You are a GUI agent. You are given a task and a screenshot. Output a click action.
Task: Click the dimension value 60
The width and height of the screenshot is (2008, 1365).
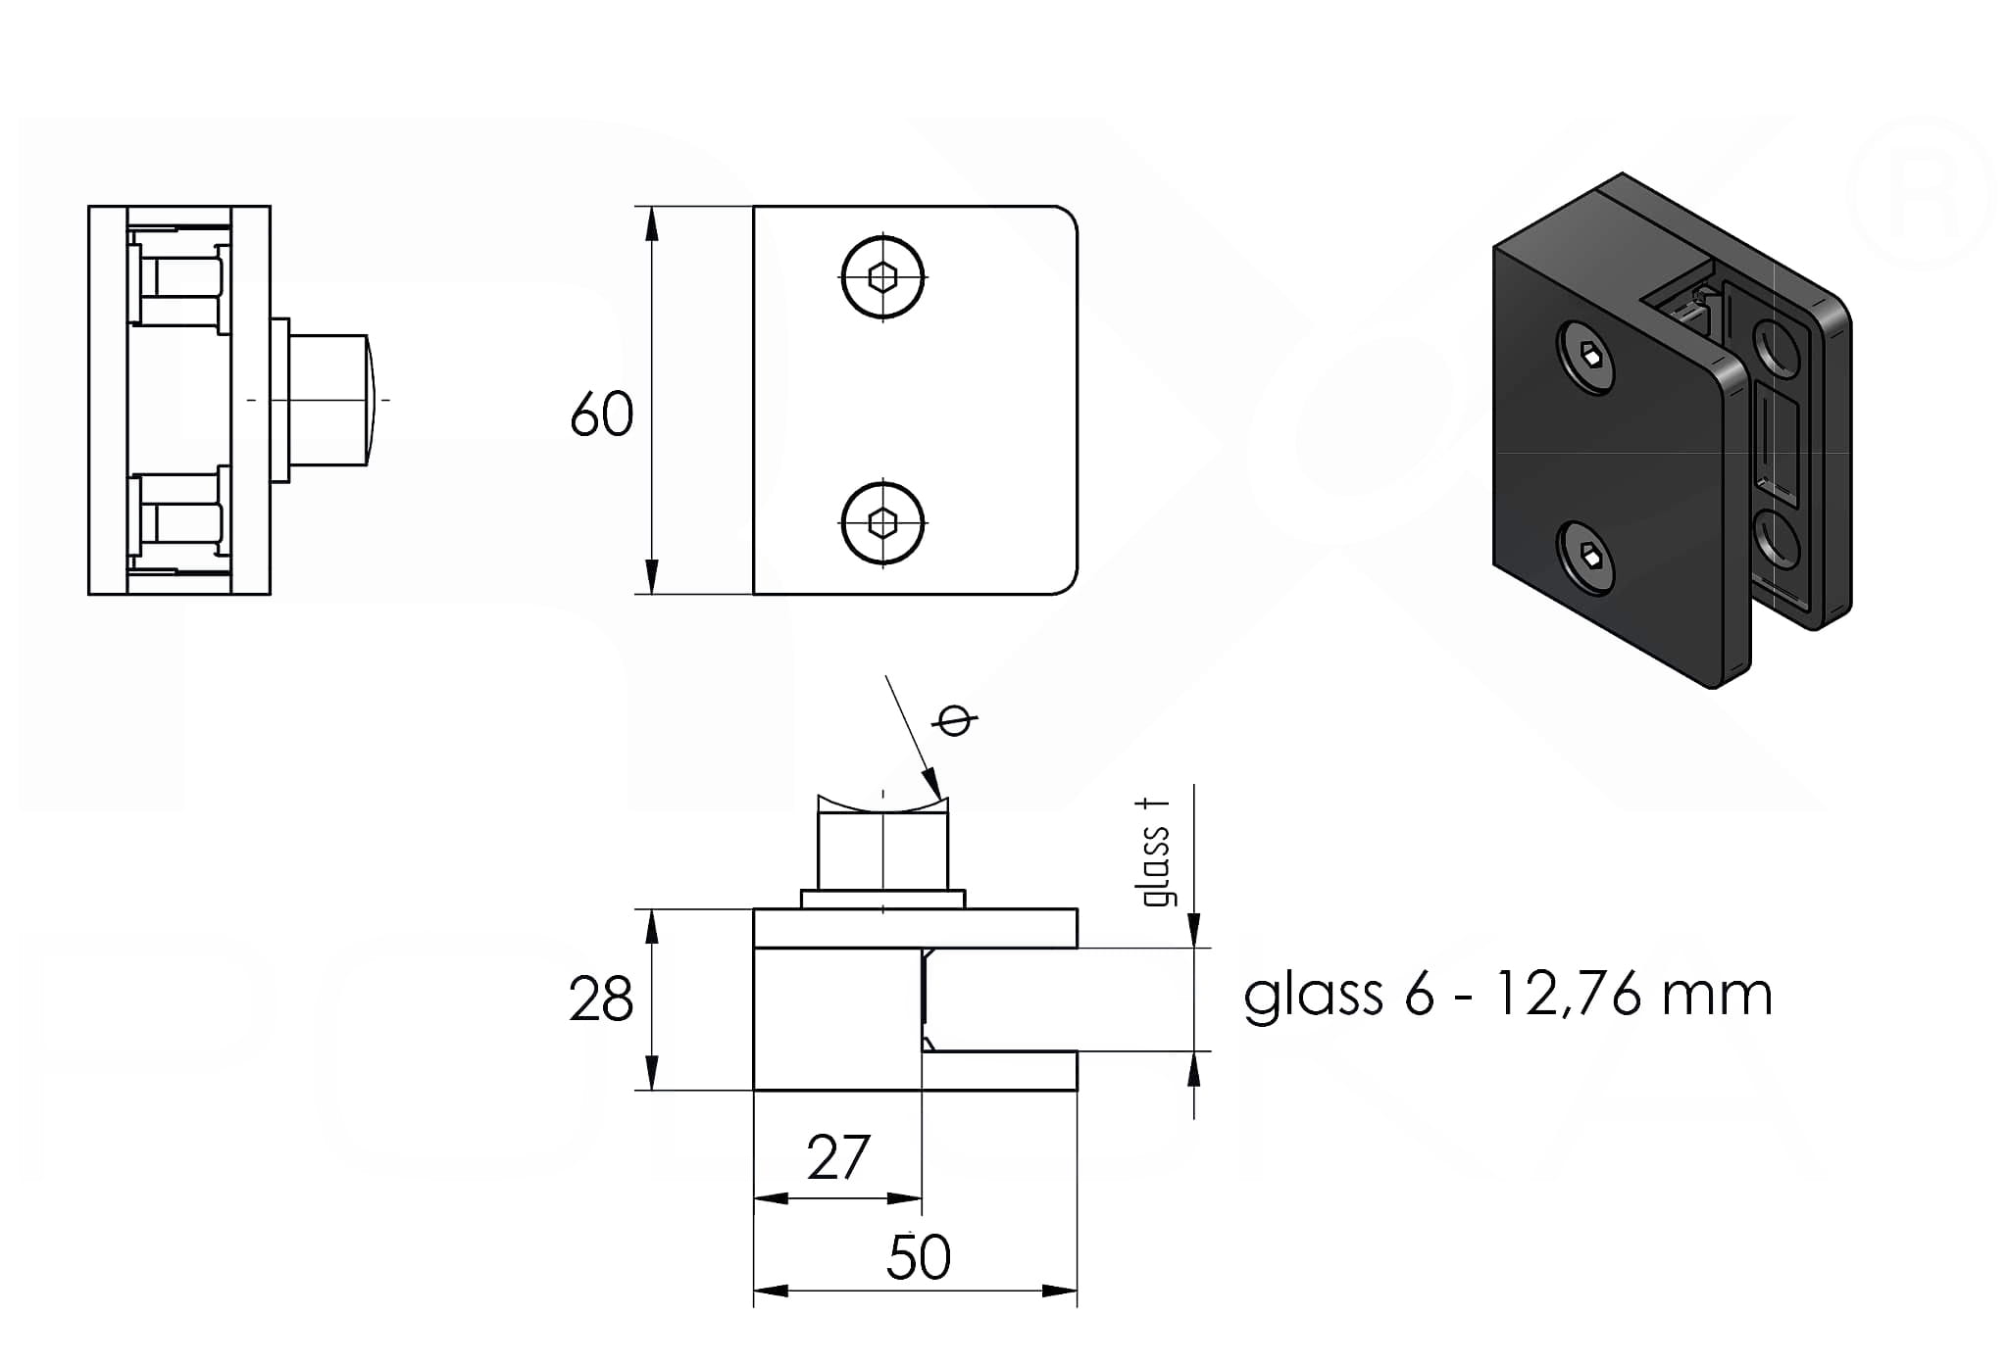601,414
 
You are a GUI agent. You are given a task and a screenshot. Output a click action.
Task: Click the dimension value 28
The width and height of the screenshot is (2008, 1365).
600,1000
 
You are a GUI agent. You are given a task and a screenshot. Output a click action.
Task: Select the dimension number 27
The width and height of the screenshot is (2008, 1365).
837,1157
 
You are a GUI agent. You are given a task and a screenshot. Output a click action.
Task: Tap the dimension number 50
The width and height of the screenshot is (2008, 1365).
918,1257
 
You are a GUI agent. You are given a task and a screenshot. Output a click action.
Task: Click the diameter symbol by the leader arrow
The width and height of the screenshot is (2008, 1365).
955,721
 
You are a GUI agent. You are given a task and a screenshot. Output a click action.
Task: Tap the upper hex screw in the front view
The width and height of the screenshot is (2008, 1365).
883,277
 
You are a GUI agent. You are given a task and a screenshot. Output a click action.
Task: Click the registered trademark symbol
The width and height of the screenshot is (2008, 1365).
1920,194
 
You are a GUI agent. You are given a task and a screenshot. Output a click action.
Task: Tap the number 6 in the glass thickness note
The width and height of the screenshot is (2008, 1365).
1418,996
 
